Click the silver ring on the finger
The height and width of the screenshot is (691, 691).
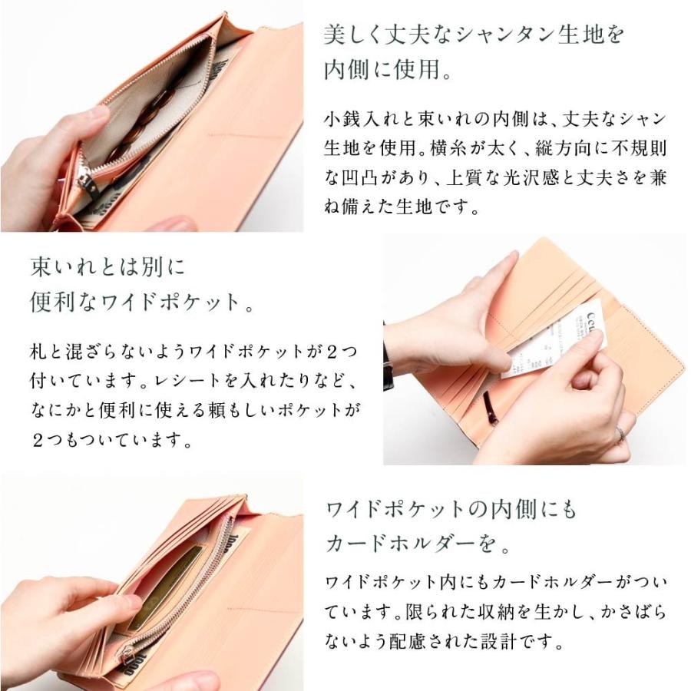pyautogui.click(x=620, y=435)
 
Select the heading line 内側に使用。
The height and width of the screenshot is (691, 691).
pyautogui.click(x=392, y=70)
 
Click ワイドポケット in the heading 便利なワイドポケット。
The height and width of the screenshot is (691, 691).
pyautogui.click(x=181, y=300)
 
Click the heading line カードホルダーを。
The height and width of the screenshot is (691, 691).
pyautogui.click(x=418, y=544)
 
